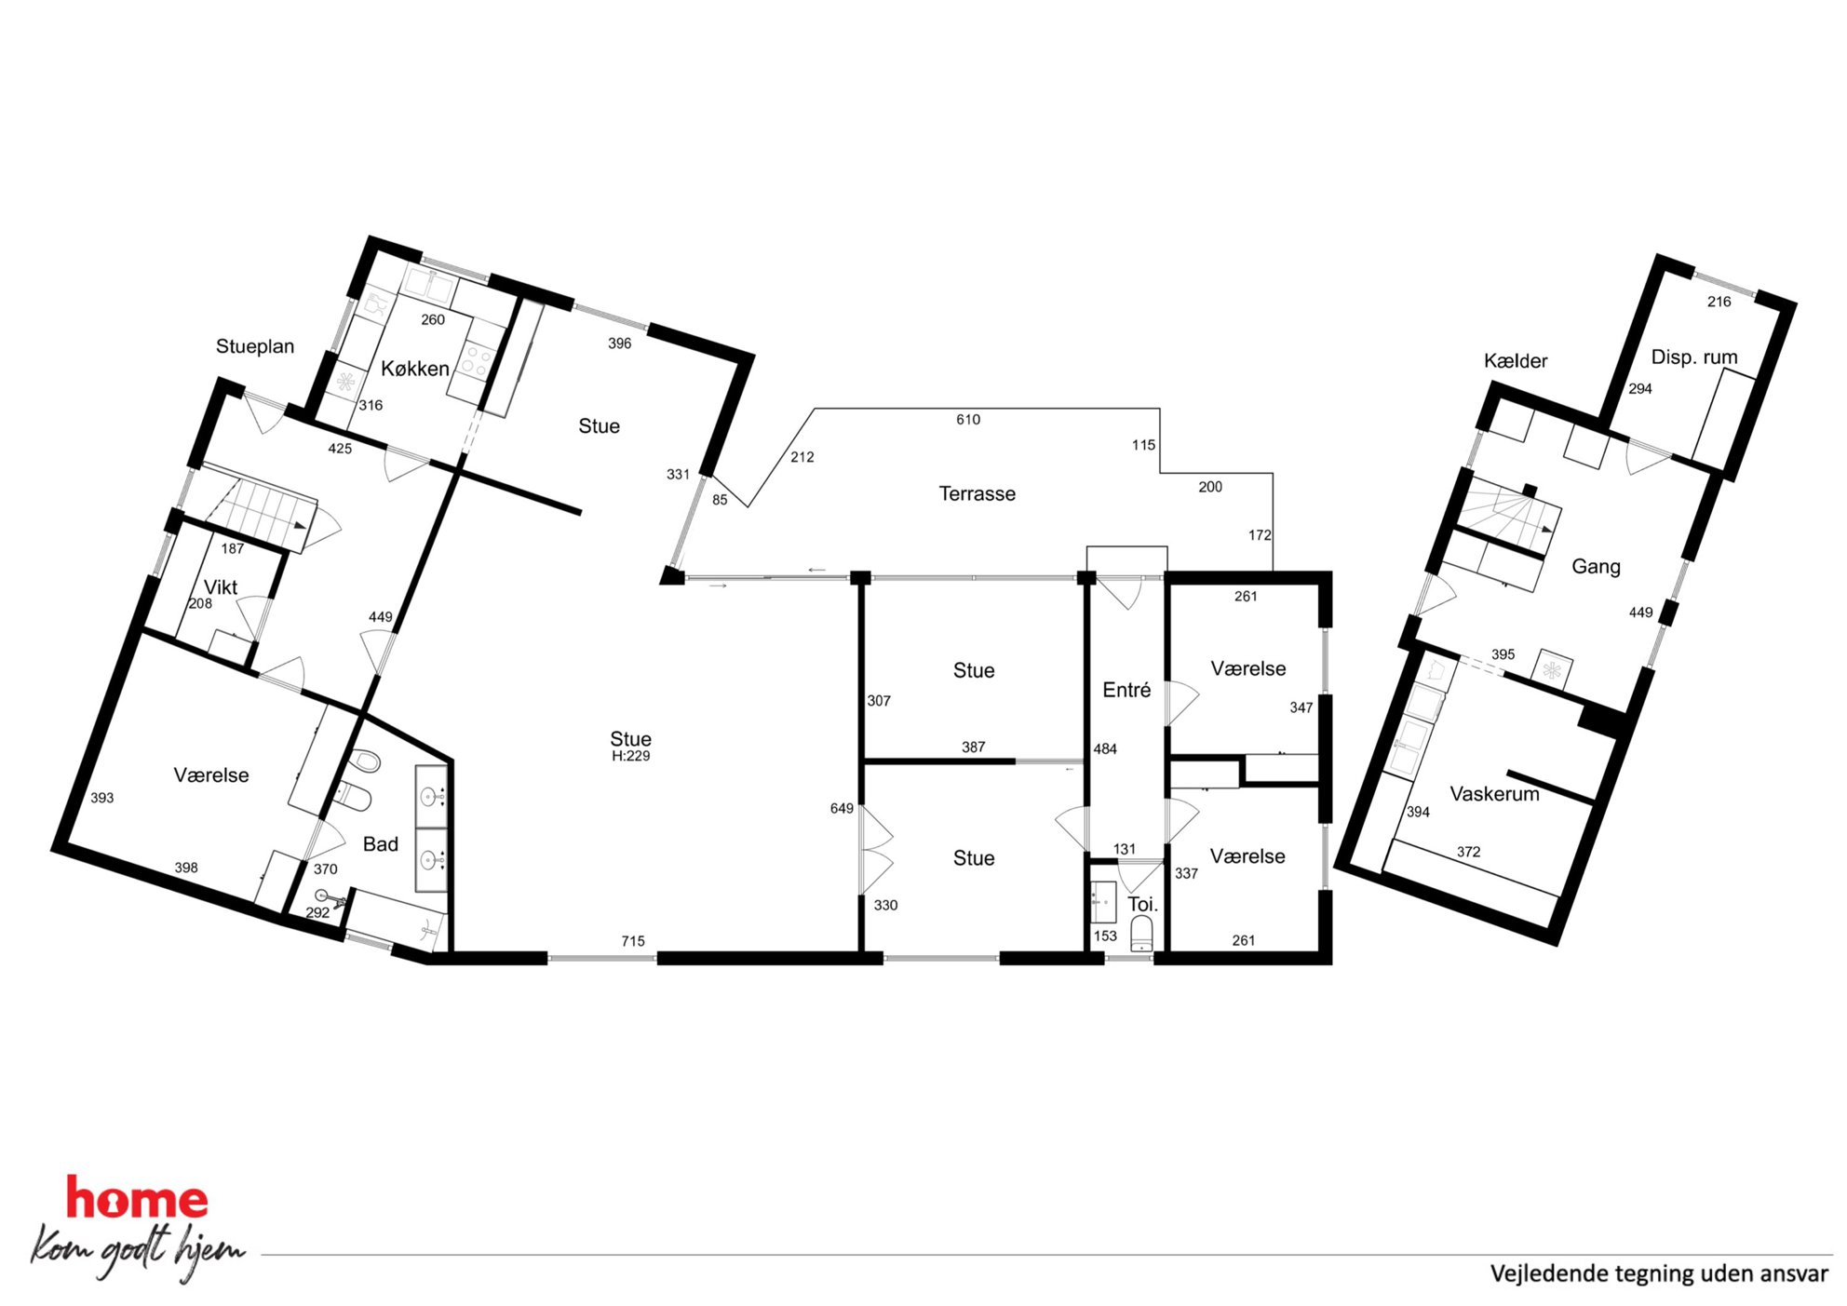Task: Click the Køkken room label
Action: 415,369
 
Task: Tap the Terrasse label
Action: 977,493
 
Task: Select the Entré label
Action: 1126,690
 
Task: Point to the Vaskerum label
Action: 1494,794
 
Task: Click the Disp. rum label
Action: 1694,357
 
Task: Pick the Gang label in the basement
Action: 1596,567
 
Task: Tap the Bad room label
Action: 380,844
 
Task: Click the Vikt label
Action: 221,587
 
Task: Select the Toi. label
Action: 1142,904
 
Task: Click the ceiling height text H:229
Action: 630,757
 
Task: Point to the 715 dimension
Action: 633,941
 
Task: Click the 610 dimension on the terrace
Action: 968,420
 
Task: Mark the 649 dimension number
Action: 842,808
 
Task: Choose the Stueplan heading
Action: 255,346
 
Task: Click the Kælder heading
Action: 1516,361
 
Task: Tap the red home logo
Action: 137,1198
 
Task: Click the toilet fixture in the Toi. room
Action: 1141,933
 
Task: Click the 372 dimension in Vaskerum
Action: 1468,852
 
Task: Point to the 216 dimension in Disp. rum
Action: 1719,302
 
